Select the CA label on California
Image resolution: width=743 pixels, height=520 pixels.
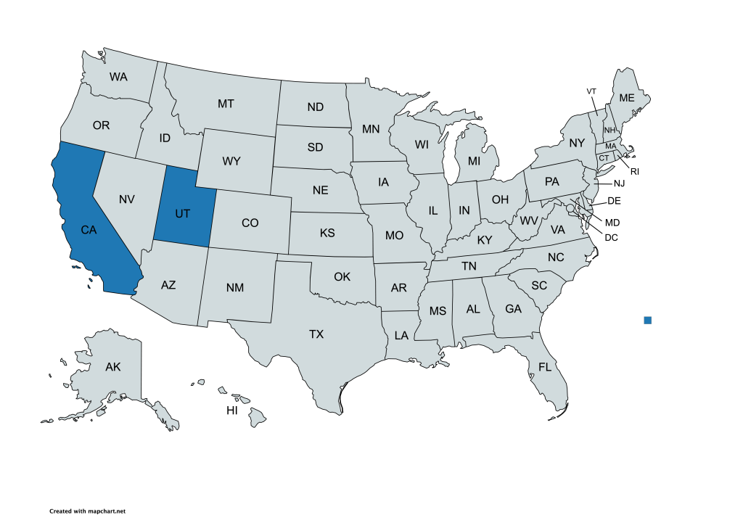(x=89, y=230)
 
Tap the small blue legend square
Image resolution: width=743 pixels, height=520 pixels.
(x=648, y=320)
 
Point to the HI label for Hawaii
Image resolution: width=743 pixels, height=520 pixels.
(x=232, y=410)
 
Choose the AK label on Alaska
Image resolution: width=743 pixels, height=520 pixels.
(x=112, y=367)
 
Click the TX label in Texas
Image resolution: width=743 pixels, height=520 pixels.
(x=316, y=334)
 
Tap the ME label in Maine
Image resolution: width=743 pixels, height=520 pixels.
(x=626, y=98)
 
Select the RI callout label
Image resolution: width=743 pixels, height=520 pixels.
(x=634, y=172)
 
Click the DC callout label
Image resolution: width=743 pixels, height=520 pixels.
(x=611, y=237)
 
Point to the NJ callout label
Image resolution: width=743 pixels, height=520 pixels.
(x=619, y=183)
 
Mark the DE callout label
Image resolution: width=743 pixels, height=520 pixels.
(x=614, y=201)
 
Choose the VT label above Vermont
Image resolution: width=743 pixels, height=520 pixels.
(x=591, y=91)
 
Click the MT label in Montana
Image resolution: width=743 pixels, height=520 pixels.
(x=226, y=104)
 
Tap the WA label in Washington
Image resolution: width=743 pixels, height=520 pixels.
(x=118, y=76)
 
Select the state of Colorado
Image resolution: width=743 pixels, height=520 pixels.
(x=250, y=223)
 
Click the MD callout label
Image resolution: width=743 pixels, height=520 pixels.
(x=612, y=222)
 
